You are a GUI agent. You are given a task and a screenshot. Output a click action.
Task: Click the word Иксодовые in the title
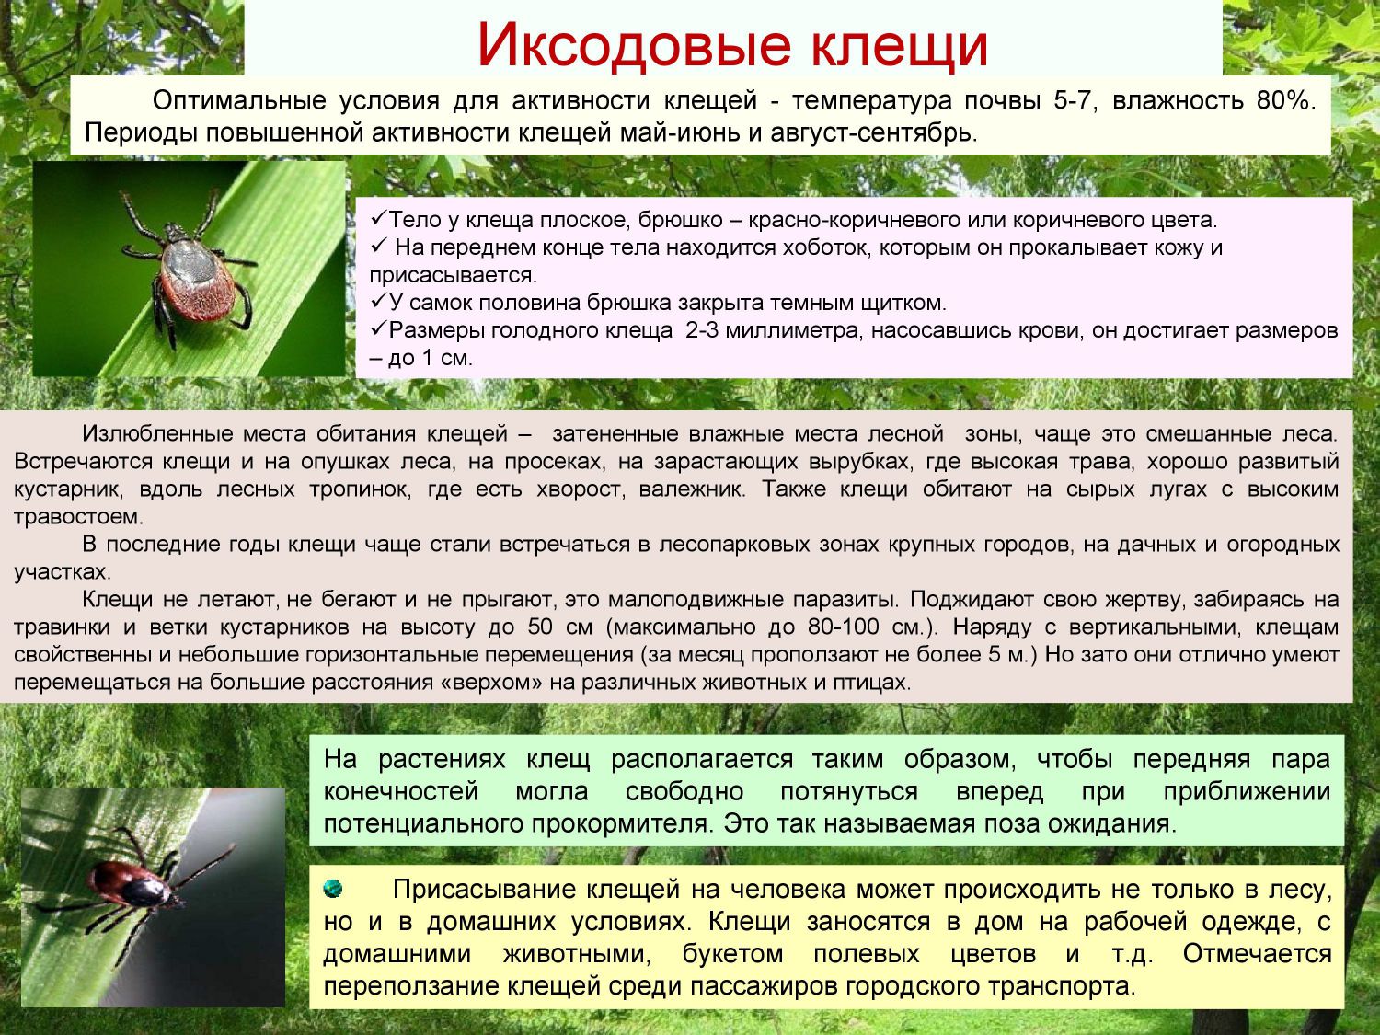tap(633, 45)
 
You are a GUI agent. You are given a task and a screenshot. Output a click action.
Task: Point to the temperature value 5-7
tap(1075, 101)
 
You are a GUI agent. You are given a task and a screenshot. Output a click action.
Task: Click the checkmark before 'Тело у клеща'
tap(378, 219)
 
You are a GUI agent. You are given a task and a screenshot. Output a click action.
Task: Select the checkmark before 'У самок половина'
tap(378, 302)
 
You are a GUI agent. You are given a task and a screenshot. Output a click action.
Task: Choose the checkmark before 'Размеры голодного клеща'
tap(378, 329)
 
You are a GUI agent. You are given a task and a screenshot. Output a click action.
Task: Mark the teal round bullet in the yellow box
tap(333, 889)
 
